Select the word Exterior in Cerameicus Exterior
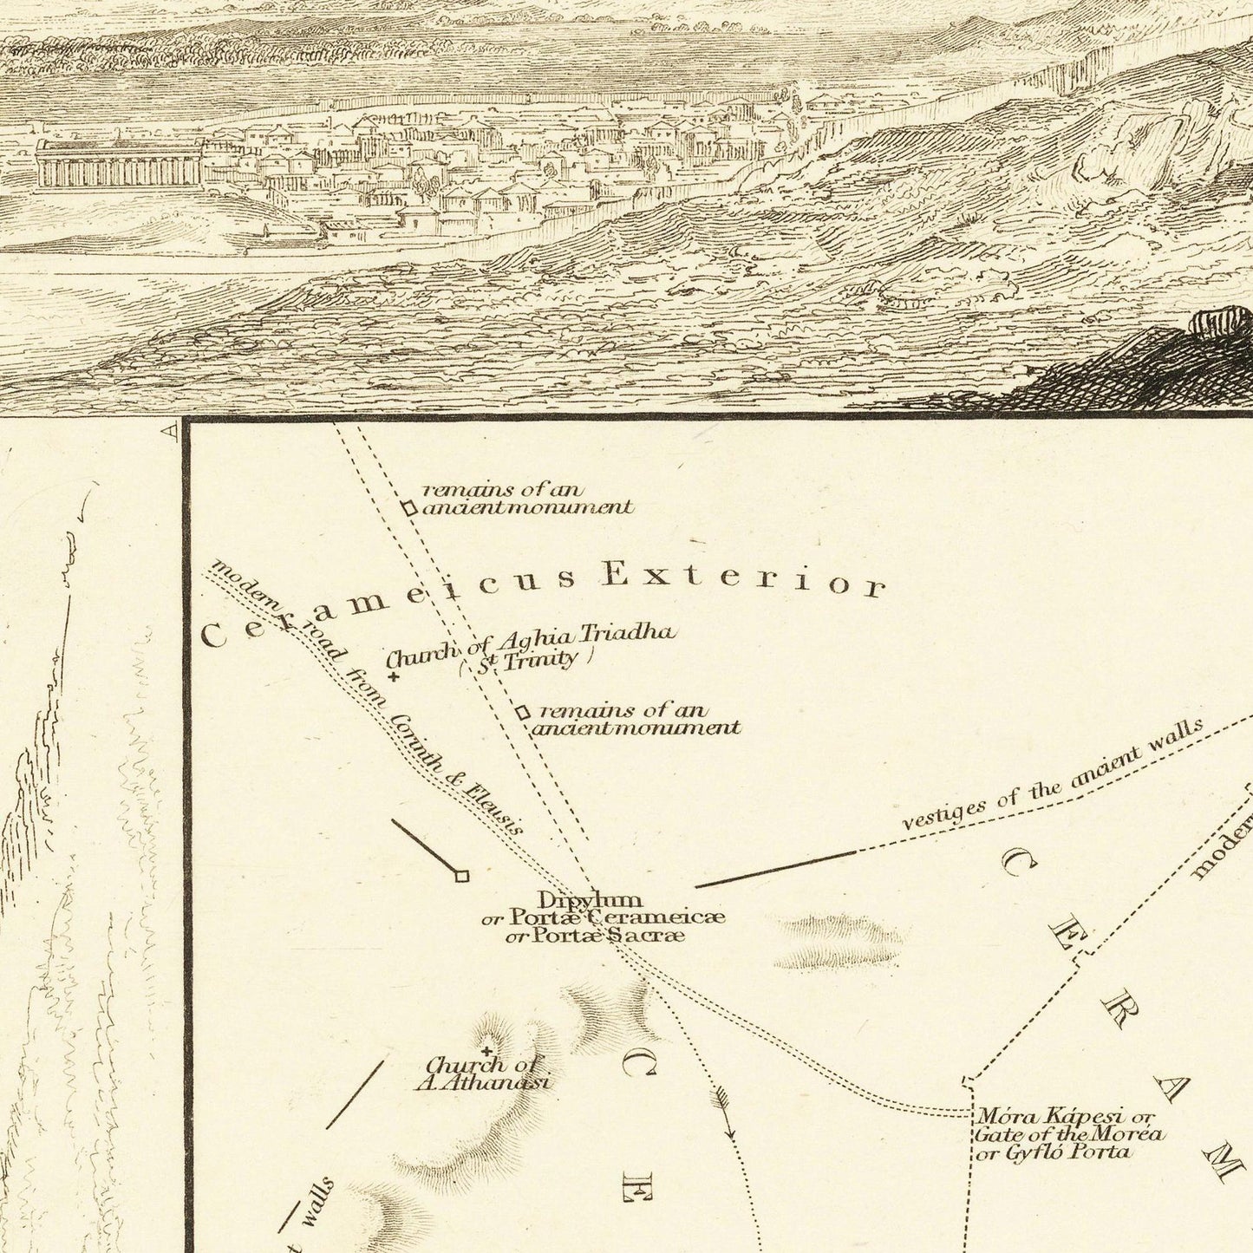[x=744, y=578]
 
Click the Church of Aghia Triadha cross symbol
[x=395, y=677]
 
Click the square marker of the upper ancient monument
[x=408, y=509]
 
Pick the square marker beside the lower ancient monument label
[x=521, y=713]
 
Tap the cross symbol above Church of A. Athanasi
[x=486, y=1051]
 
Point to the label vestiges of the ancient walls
[x=1052, y=776]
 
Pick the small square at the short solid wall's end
[x=461, y=877]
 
